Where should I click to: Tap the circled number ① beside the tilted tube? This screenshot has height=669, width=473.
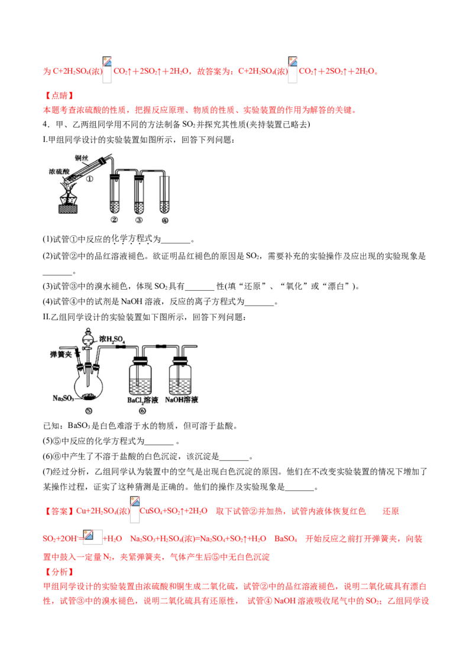(90, 178)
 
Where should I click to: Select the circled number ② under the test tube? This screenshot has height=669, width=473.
(114, 220)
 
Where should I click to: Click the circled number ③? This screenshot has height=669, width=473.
(140, 220)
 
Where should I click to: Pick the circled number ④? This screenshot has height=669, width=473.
(165, 220)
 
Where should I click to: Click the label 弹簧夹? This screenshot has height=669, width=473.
(61, 354)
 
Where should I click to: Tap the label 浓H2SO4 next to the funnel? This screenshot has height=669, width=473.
(114, 339)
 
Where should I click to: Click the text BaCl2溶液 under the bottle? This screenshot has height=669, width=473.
(142, 400)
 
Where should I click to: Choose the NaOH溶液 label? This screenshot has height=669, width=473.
(182, 400)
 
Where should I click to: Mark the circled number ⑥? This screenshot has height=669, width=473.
(142, 410)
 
